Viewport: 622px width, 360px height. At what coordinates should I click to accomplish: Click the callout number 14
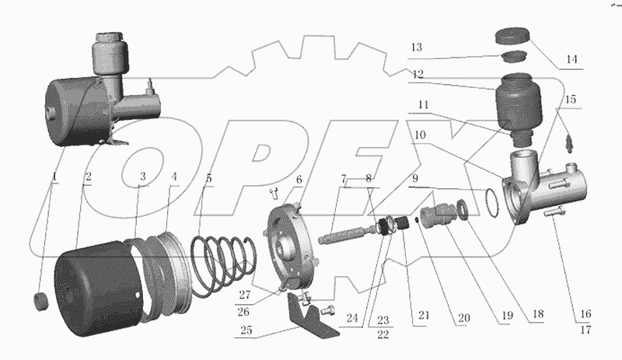[x=573, y=58]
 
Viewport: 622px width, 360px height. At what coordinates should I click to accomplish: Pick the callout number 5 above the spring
[x=208, y=177]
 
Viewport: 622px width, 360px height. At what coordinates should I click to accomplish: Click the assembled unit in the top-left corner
[x=101, y=89]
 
